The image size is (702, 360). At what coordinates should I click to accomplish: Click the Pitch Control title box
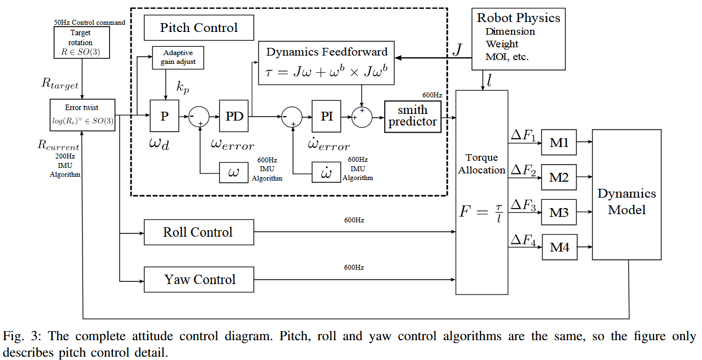click(199, 28)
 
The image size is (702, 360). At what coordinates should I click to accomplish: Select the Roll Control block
click(199, 232)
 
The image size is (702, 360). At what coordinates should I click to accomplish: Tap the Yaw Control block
click(199, 280)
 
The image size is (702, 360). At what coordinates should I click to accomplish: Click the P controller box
click(165, 116)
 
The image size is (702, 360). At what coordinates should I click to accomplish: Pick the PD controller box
click(234, 116)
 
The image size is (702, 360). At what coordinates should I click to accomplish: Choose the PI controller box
click(326, 116)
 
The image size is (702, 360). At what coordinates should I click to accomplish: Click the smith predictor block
click(413, 117)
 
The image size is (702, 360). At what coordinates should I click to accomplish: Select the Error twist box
click(82, 115)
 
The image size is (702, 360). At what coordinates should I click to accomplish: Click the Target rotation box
click(80, 43)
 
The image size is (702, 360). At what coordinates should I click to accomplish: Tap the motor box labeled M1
click(559, 143)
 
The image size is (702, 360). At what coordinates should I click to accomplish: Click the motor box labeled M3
click(559, 212)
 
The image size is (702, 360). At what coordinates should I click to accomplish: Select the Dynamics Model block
click(627, 201)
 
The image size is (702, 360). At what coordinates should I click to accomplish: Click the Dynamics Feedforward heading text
click(326, 52)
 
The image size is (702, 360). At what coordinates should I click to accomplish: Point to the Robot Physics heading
click(518, 18)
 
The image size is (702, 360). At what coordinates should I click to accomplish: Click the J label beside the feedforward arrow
click(457, 51)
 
